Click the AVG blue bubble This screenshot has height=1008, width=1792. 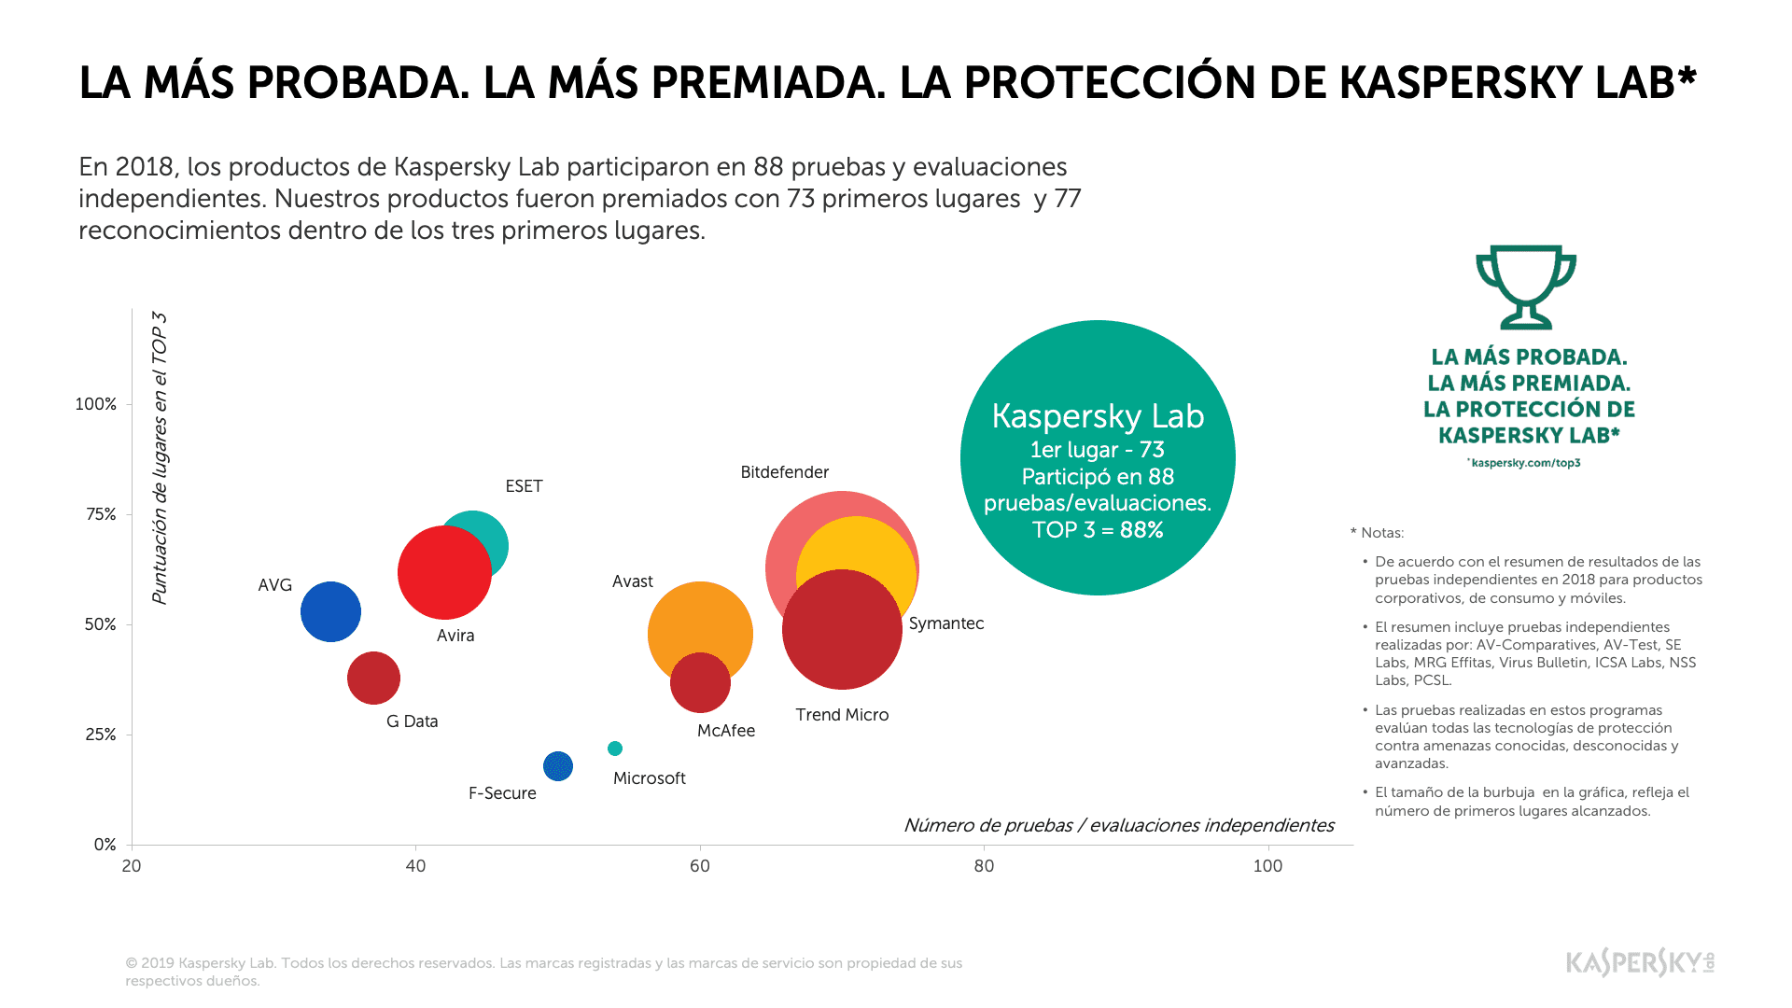coord(330,611)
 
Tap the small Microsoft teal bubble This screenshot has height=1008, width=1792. coord(615,749)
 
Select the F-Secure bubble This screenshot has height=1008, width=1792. coord(558,766)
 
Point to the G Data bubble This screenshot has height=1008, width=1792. coord(373,679)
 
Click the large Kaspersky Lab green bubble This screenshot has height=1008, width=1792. coord(1098,457)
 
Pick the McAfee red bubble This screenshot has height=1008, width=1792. coord(700,683)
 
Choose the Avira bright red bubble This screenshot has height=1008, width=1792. coord(444,572)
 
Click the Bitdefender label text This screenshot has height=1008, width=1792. coord(784,472)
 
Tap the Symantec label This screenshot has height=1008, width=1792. coord(945,623)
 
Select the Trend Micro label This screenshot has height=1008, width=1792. coord(842,715)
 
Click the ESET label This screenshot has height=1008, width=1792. coord(524,486)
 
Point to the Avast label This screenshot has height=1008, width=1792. coord(632,581)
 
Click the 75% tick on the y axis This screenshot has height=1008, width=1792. coord(101,514)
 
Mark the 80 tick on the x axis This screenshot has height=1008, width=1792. coord(984,866)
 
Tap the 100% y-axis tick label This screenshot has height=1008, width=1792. coord(96,404)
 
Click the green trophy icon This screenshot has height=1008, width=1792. coord(1526,287)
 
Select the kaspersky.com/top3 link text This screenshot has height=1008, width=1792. coord(1525,463)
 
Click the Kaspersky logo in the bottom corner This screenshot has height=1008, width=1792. coord(1640,962)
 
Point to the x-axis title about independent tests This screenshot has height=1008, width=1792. coord(1118,825)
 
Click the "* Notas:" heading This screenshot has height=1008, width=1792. coord(1377,533)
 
